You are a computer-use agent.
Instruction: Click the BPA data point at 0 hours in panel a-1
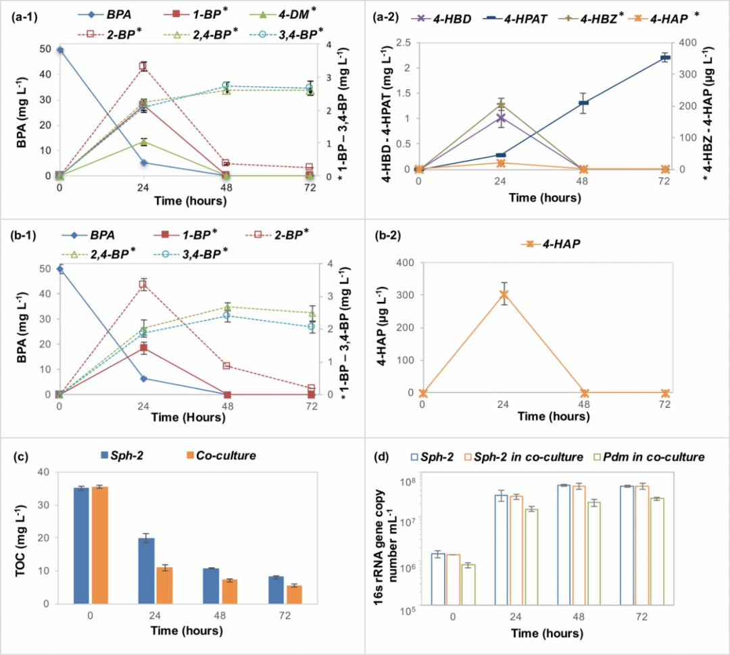(59, 50)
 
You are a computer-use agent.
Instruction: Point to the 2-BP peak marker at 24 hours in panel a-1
(143, 66)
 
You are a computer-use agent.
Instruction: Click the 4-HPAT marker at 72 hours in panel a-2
(664, 58)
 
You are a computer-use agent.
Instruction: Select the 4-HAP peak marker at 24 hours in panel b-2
(504, 294)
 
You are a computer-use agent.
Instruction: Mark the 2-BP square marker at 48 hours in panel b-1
(226, 366)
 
